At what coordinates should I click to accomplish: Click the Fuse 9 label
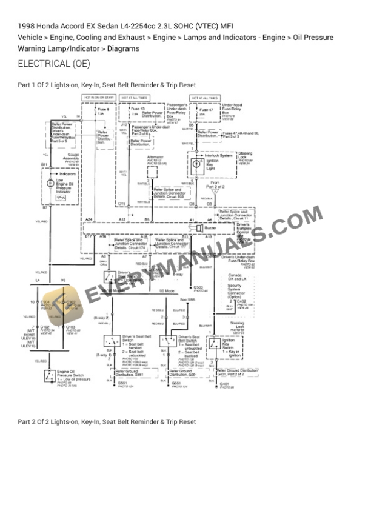(104, 109)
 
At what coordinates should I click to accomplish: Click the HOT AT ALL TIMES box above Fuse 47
(205, 97)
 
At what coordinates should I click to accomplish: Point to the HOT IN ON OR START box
(99, 97)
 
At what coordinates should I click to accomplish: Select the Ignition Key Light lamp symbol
(196, 164)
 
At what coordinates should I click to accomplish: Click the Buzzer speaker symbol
(199, 227)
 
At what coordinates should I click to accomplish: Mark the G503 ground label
(198, 287)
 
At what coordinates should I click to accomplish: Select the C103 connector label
(70, 327)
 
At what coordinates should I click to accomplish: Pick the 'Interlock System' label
(218, 155)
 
